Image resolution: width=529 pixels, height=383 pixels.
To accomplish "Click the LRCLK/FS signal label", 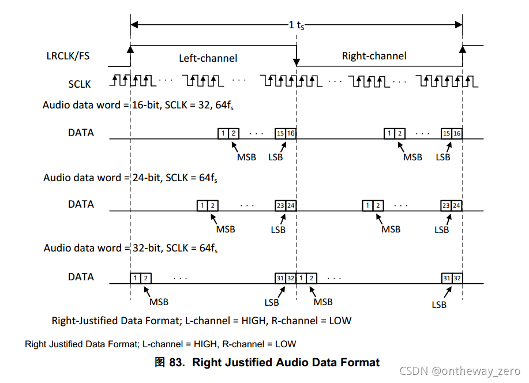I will (x=68, y=56).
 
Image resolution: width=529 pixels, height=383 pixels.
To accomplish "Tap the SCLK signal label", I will (x=80, y=84).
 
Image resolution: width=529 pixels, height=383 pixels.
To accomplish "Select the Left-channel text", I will (x=208, y=58).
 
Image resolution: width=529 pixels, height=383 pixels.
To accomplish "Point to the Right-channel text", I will (x=374, y=56).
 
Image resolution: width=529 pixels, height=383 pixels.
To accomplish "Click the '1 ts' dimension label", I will (x=297, y=25).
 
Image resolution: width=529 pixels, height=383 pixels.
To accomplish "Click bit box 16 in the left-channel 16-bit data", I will (x=291, y=133).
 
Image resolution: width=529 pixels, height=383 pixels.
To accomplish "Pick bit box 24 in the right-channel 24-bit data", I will (x=456, y=205).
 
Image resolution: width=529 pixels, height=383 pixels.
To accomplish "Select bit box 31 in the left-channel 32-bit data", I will (x=280, y=278).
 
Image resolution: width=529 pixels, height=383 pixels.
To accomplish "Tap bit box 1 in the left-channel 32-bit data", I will (x=136, y=278).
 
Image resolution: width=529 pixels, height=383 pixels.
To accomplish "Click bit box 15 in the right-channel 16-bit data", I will (x=446, y=133).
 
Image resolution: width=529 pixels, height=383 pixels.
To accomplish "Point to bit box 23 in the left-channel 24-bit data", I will (x=280, y=205).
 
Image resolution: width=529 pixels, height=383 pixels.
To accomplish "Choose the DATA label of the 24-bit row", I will (x=81, y=204).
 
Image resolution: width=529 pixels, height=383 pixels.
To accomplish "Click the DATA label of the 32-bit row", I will (x=81, y=277).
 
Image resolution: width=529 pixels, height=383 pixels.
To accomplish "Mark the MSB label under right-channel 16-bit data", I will (x=412, y=157).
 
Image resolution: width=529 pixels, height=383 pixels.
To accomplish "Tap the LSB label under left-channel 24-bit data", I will (x=278, y=230).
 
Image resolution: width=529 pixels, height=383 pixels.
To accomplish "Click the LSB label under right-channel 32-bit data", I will (x=439, y=305).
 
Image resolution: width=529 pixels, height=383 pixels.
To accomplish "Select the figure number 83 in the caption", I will (x=175, y=363).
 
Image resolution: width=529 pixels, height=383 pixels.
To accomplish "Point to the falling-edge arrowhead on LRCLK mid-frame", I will (x=297, y=60).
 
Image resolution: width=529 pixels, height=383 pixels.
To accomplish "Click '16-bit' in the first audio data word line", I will (x=144, y=105).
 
